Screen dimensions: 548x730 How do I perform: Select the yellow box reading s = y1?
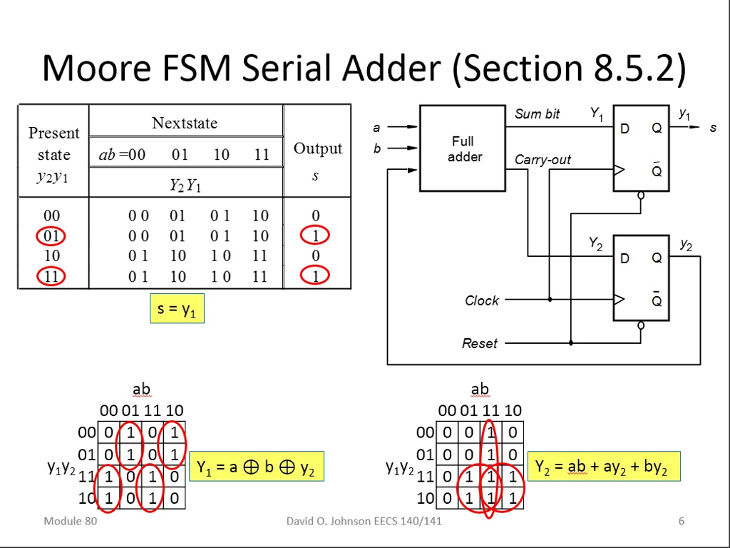click(177, 308)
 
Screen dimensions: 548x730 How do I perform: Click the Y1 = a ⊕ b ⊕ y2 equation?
click(256, 468)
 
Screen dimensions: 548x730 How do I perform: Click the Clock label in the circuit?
click(482, 300)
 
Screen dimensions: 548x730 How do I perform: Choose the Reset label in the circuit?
click(480, 343)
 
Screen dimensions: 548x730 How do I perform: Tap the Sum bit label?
click(537, 114)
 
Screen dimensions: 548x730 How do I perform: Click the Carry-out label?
click(543, 160)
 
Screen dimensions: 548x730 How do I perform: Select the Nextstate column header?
click(185, 123)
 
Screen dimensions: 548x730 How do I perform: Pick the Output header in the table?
click(318, 148)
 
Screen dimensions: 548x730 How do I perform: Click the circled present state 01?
click(52, 235)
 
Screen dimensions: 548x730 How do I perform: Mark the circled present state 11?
click(52, 276)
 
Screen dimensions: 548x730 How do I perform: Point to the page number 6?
click(682, 521)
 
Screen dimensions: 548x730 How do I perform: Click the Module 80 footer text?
click(70, 521)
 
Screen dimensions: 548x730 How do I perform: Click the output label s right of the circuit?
click(712, 128)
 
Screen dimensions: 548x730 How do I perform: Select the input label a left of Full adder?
click(376, 127)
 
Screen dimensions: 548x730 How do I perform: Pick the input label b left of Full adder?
click(376, 148)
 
